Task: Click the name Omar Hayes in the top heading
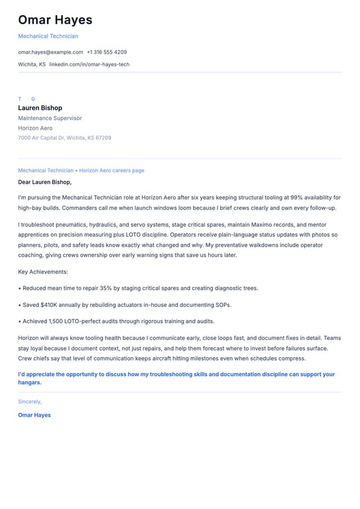click(x=55, y=20)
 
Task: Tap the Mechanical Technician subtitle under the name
click(x=48, y=36)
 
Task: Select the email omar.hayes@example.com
click(x=50, y=52)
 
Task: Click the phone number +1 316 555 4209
click(x=107, y=52)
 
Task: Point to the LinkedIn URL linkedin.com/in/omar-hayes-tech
click(x=90, y=64)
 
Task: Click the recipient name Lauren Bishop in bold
click(x=40, y=108)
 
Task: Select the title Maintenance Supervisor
click(x=50, y=118)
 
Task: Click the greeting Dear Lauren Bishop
click(x=44, y=182)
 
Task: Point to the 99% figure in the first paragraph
click(x=296, y=198)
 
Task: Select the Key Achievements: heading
click(x=43, y=272)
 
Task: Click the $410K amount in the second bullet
click(x=49, y=305)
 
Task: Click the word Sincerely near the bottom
click(x=29, y=402)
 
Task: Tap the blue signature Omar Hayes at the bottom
click(x=34, y=415)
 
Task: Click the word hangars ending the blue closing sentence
click(x=29, y=382)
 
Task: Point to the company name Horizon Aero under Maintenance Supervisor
click(x=35, y=128)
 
